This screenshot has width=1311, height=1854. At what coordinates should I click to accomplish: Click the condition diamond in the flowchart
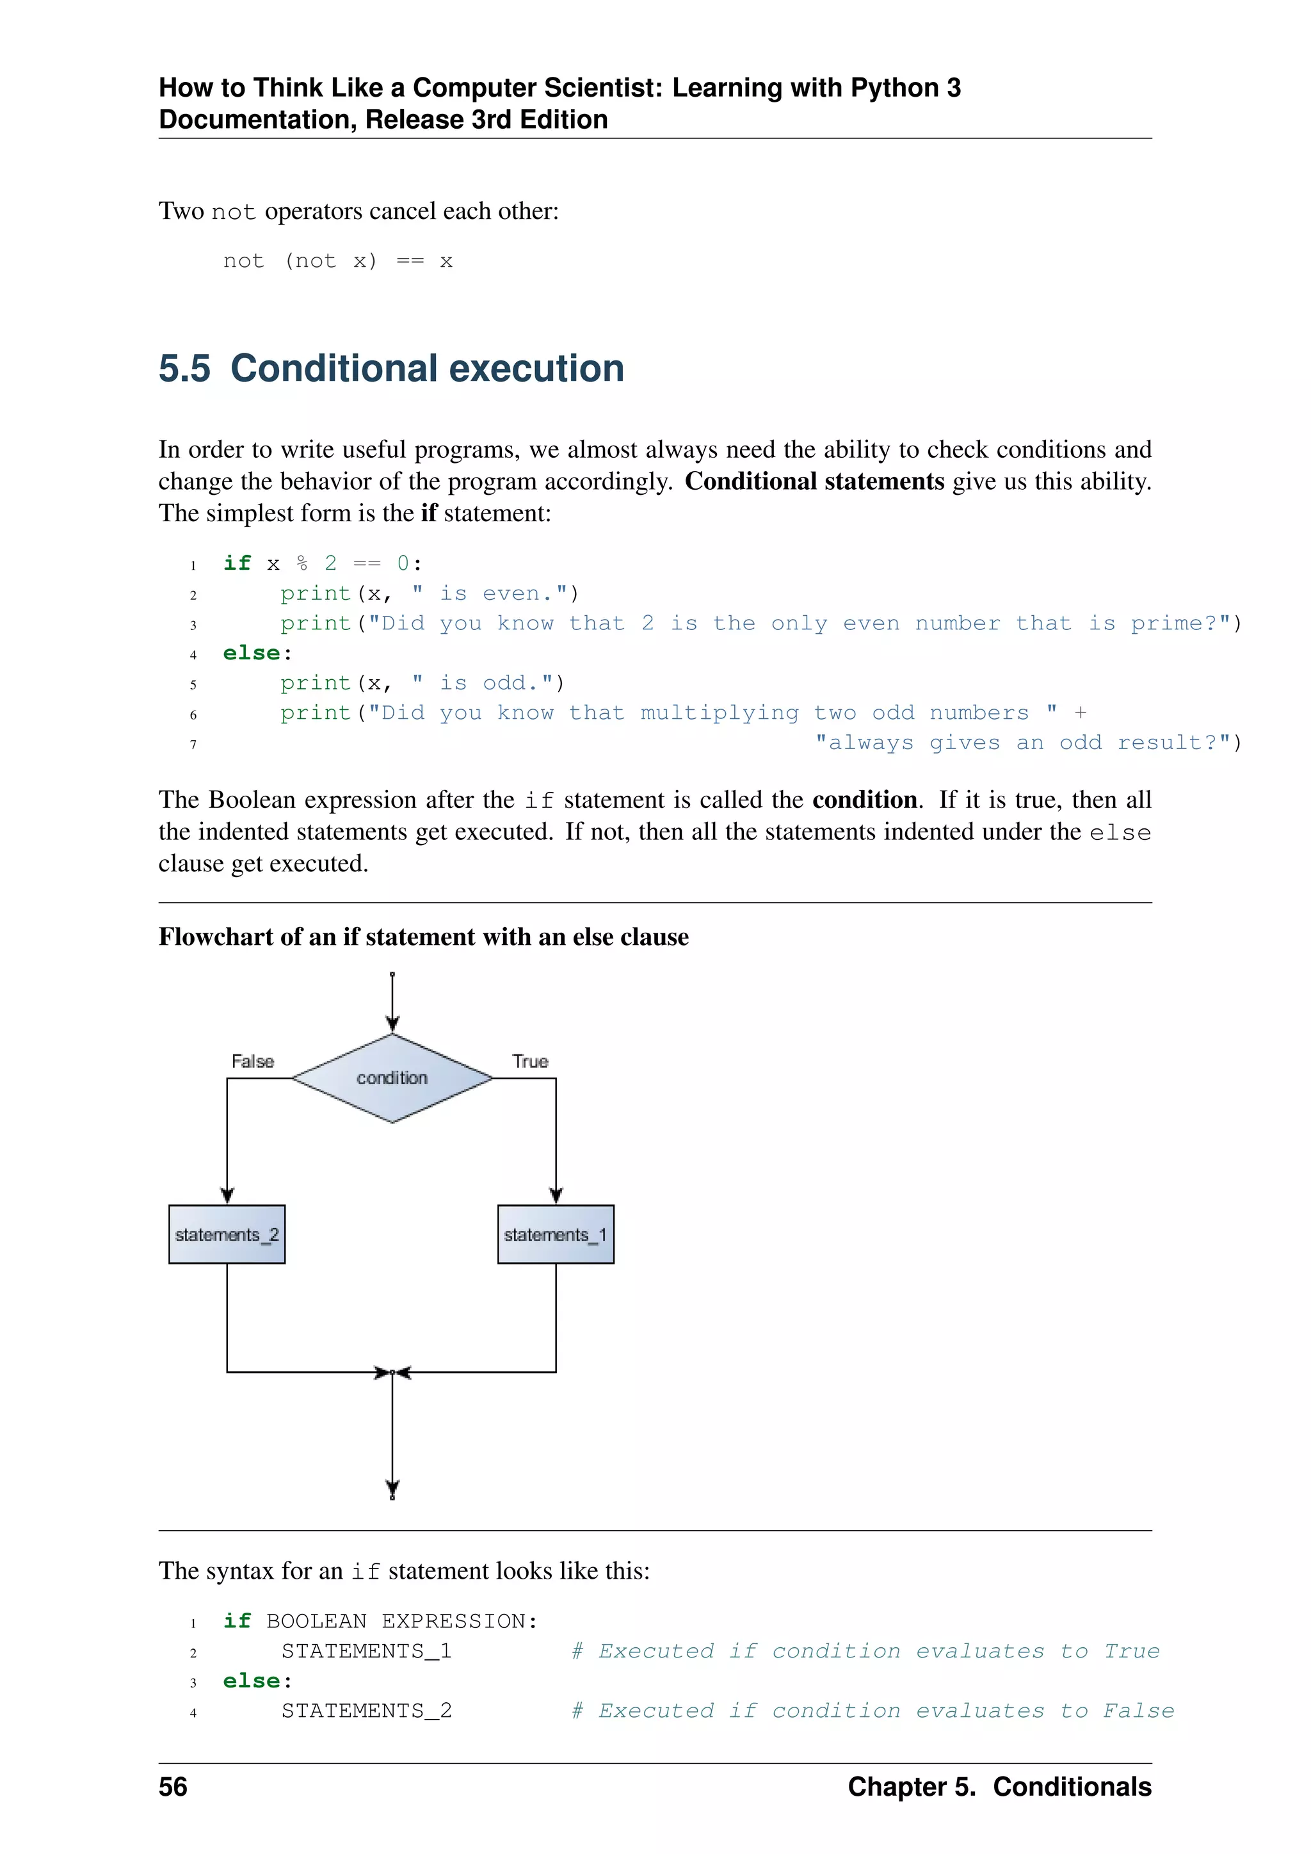(x=392, y=1078)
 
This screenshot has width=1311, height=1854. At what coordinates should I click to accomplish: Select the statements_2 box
(x=227, y=1235)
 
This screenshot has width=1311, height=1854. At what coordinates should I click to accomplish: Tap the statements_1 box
(x=556, y=1235)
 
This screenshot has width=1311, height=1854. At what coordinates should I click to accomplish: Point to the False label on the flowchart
(x=253, y=1061)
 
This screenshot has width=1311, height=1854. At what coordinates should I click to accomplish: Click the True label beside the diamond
(x=531, y=1061)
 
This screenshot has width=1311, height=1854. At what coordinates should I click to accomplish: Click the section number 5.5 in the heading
(x=185, y=369)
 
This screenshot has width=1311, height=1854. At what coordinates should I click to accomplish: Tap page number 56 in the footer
(x=173, y=1787)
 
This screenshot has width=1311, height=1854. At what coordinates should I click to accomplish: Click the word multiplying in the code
(x=720, y=713)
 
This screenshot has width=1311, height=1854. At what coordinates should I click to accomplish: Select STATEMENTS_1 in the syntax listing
(x=367, y=1651)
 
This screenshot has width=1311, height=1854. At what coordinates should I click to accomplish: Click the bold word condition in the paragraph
(x=865, y=800)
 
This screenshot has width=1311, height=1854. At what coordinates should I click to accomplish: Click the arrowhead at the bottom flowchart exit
(x=392, y=1488)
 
